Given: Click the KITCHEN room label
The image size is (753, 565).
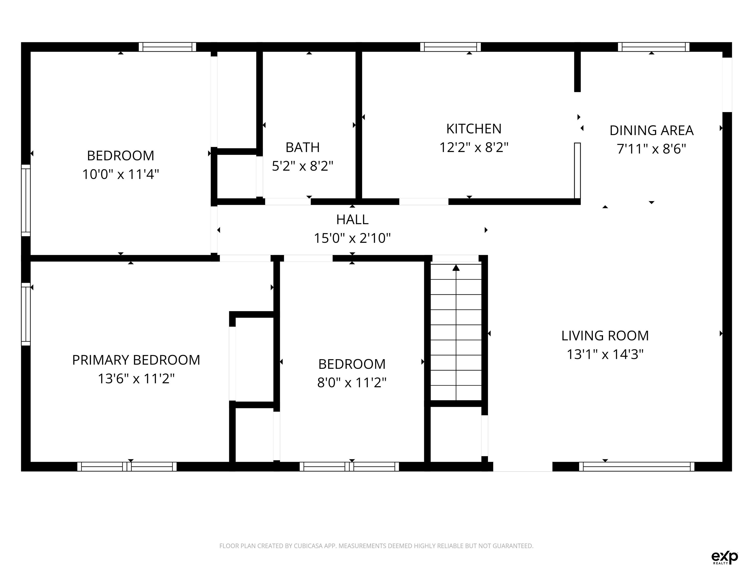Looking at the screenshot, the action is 474,129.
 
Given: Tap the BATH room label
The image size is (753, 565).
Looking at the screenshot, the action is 303,147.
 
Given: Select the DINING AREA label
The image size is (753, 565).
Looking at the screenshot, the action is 652,130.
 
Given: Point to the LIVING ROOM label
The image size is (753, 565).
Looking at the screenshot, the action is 605,336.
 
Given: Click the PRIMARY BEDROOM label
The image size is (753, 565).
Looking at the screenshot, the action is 136,360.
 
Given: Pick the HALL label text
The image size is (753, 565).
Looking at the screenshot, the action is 352,220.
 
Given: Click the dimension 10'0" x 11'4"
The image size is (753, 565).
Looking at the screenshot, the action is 121,174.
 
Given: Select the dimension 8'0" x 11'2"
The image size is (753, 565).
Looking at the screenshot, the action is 352,383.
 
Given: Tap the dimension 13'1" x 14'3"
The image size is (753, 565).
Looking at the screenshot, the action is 605,355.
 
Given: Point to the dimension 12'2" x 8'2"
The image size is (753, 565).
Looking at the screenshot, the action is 474,147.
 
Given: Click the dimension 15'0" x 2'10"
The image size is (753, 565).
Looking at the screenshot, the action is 352,238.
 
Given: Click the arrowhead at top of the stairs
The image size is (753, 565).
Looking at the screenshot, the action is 456,268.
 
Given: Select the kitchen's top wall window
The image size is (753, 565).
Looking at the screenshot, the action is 450,47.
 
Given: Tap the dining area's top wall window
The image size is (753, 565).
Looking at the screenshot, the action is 653,47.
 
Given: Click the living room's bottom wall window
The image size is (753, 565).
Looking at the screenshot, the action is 637,467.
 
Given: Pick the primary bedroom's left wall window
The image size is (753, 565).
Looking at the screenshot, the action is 26,314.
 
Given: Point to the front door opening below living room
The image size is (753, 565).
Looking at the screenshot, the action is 523,467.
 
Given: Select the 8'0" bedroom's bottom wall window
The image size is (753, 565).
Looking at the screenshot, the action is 349,467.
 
